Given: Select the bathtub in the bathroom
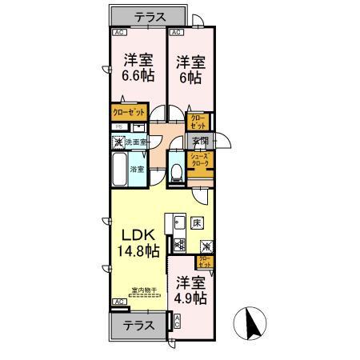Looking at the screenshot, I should point(118,170).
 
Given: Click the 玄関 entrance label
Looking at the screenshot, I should point(200,142).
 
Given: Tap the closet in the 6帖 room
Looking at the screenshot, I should point(196,122).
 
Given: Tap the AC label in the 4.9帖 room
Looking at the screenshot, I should point(177,322).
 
